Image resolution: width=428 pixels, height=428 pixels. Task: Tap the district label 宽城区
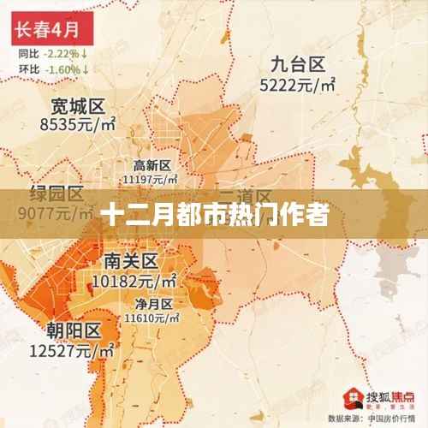pyautogui.click(x=77, y=107)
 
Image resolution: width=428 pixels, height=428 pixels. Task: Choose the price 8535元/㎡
pyautogui.click(x=78, y=126)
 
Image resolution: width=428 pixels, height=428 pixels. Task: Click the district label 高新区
pyautogui.click(x=152, y=165)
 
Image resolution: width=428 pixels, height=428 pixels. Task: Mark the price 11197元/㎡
pyautogui.click(x=152, y=180)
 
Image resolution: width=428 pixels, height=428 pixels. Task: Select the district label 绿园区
pyautogui.click(x=56, y=192)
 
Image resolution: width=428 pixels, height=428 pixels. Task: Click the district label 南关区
pyautogui.click(x=131, y=260)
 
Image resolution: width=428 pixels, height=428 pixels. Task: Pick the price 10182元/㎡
pyautogui.click(x=134, y=279)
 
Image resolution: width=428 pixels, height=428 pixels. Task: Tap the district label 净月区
pyautogui.click(x=152, y=302)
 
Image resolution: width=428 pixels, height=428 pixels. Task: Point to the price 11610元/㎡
pyautogui.click(x=152, y=317)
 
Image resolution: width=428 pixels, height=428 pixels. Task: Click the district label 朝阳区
pyautogui.click(x=74, y=330)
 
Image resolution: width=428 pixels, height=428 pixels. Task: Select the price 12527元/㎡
pyautogui.click(x=74, y=349)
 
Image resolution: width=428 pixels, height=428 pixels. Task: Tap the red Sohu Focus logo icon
pyautogui.click(x=351, y=396)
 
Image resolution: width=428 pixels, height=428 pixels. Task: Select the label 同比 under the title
pyautogui.click(x=28, y=53)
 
